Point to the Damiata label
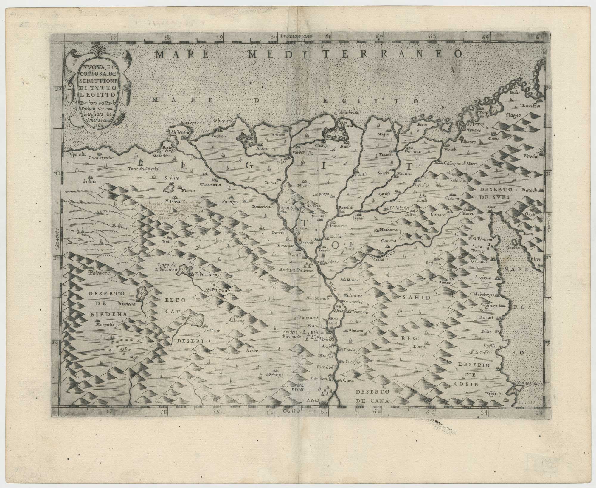pos(412,151)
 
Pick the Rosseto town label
pos(278,135)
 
